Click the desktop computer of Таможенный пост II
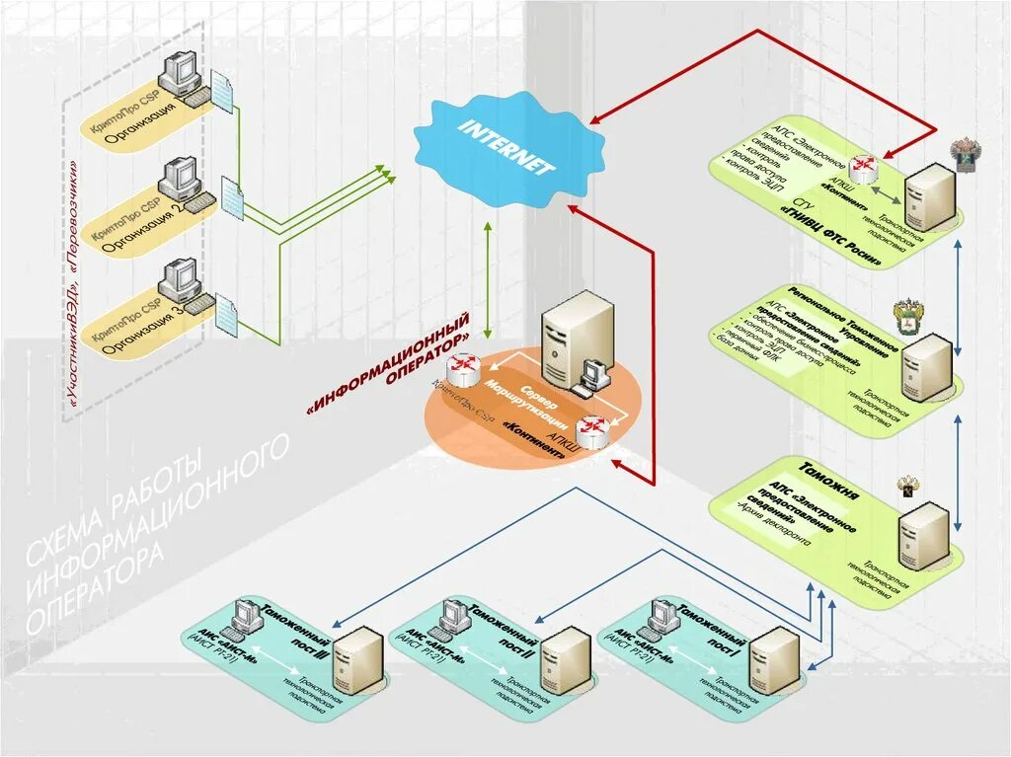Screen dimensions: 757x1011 (x=455, y=616)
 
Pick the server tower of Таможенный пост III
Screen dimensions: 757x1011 (x=356, y=660)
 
